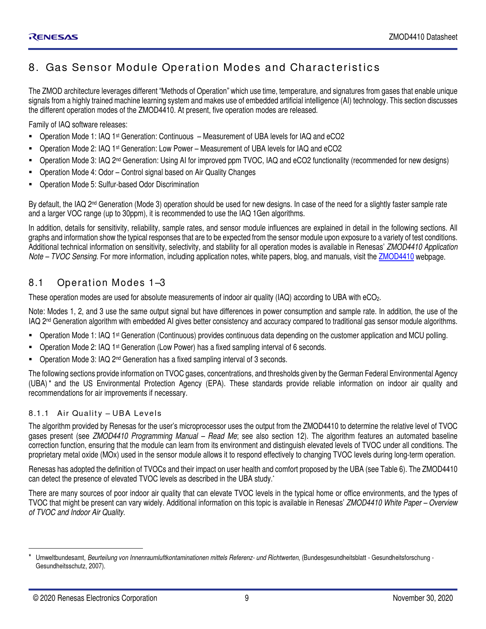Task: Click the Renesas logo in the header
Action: coord(53,37)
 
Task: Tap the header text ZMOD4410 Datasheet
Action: coord(423,37)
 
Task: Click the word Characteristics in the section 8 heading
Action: coord(335,67)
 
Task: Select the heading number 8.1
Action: coord(36,283)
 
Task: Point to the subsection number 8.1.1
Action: coord(39,414)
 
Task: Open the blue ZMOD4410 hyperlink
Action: coord(396,257)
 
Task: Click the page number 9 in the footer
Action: coord(247,598)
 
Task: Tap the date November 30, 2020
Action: coord(423,598)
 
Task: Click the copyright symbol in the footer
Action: coord(36,598)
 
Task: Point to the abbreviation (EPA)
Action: coord(216,383)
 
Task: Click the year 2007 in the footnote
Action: coord(96,566)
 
